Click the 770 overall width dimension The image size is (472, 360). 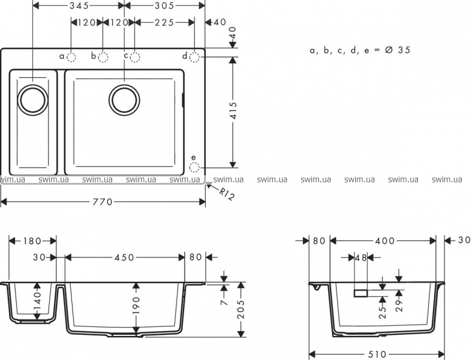coord(103,202)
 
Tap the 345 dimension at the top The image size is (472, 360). coord(79,5)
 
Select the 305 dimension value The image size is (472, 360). coord(164,5)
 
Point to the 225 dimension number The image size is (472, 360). coord(164,22)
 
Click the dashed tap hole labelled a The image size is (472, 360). coord(71,57)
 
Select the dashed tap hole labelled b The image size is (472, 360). coord(103,57)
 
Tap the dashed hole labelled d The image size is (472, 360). coord(194,57)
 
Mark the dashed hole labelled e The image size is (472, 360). coord(194,167)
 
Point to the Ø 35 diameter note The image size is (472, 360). coord(398,50)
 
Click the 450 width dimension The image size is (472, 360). coord(124,257)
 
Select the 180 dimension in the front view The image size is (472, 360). coord(32,241)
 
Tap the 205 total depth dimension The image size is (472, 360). coord(241,309)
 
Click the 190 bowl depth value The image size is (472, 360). coord(136,305)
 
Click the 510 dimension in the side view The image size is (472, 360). coord(377,354)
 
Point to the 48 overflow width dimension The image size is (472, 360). coord(361,257)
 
